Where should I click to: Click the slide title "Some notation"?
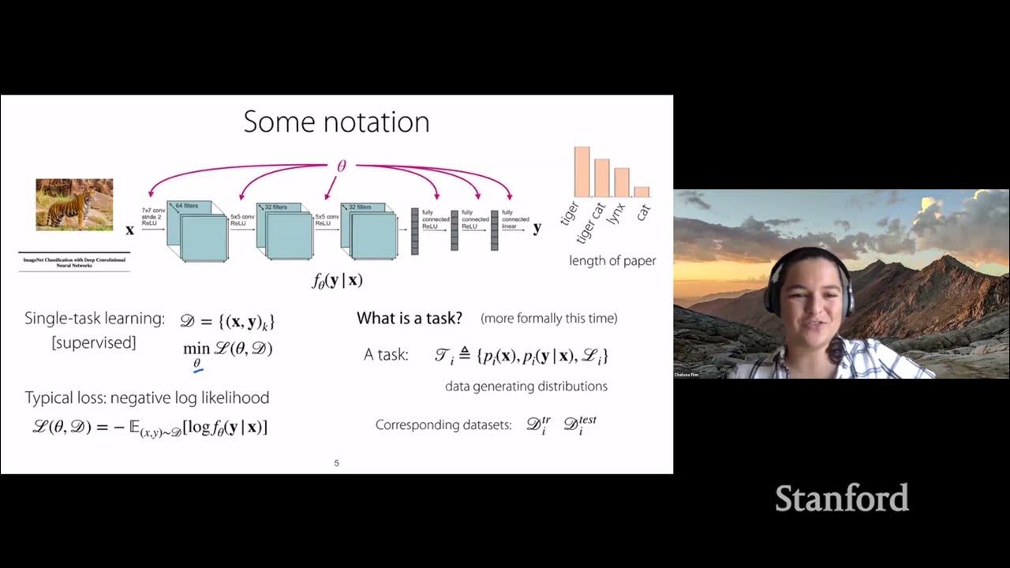tap(336, 122)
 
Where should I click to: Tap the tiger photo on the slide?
tap(74, 204)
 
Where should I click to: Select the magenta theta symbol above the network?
tap(341, 166)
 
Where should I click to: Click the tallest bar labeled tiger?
tap(582, 171)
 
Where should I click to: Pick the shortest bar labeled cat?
tap(642, 192)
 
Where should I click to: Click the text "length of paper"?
tap(612, 260)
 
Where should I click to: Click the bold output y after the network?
tap(537, 228)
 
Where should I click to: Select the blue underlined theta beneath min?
tap(197, 363)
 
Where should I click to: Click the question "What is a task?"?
tap(409, 319)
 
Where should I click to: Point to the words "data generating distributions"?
tap(526, 387)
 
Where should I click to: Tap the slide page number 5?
tap(337, 463)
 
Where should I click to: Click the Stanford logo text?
tap(841, 499)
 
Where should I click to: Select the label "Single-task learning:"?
tap(95, 319)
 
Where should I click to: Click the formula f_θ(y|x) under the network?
tap(336, 280)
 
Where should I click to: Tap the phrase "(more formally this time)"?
tap(548, 319)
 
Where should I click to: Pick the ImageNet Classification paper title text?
tap(74, 262)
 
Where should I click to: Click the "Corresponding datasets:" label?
tap(440, 425)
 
